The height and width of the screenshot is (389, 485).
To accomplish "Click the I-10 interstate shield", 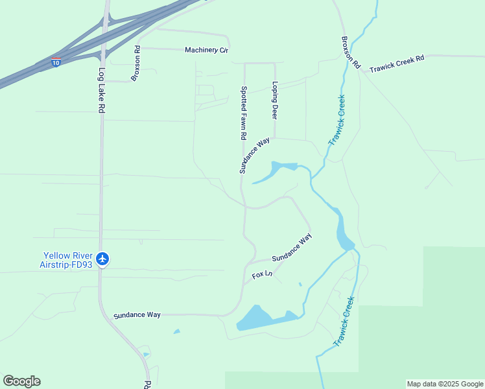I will point(56,62).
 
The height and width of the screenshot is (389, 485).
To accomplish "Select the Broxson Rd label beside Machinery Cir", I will point(136,63).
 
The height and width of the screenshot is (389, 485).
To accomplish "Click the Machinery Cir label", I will point(207,50).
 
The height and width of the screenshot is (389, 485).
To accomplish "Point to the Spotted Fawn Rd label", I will point(244,113).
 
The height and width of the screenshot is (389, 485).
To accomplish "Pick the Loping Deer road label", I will point(275,100).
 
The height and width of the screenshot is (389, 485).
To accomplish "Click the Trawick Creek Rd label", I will point(396,64).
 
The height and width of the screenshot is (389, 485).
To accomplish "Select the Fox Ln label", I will point(262,276).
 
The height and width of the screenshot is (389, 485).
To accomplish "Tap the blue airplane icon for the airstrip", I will point(102,259).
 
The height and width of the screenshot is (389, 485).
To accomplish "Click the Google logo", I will point(21,381).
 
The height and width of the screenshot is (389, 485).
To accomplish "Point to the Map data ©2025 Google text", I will point(445,384).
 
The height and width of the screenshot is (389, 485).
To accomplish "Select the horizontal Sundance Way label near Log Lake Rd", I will point(137,315).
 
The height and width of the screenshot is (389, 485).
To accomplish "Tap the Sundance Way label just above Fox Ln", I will point(292,250).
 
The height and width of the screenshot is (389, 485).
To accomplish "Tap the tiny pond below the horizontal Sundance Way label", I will point(176,332).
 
